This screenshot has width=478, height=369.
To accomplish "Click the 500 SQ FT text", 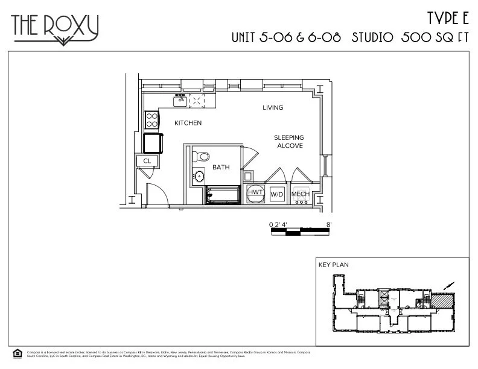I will click(435, 37).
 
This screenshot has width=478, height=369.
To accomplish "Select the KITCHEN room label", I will click(188, 123).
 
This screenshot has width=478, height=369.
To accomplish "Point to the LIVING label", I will click(273, 108).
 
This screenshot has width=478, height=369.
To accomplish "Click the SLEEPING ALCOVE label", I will click(289, 142).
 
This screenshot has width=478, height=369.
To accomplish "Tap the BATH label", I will click(220, 167).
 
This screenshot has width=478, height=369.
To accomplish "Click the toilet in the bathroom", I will click(202, 157).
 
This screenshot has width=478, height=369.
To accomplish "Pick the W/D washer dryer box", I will click(277, 194).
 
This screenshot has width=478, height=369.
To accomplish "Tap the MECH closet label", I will click(300, 194).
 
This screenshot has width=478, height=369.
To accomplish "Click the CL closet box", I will click(147, 160).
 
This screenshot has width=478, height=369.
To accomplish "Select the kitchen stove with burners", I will click(151, 119).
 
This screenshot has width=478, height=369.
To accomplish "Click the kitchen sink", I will click(180, 101).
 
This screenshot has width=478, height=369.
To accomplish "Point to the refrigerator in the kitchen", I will click(153, 143).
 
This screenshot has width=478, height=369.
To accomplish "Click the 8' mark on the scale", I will click(329, 224).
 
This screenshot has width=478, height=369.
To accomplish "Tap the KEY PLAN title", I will click(333, 265).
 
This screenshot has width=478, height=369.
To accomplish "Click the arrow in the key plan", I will click(447, 286).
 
